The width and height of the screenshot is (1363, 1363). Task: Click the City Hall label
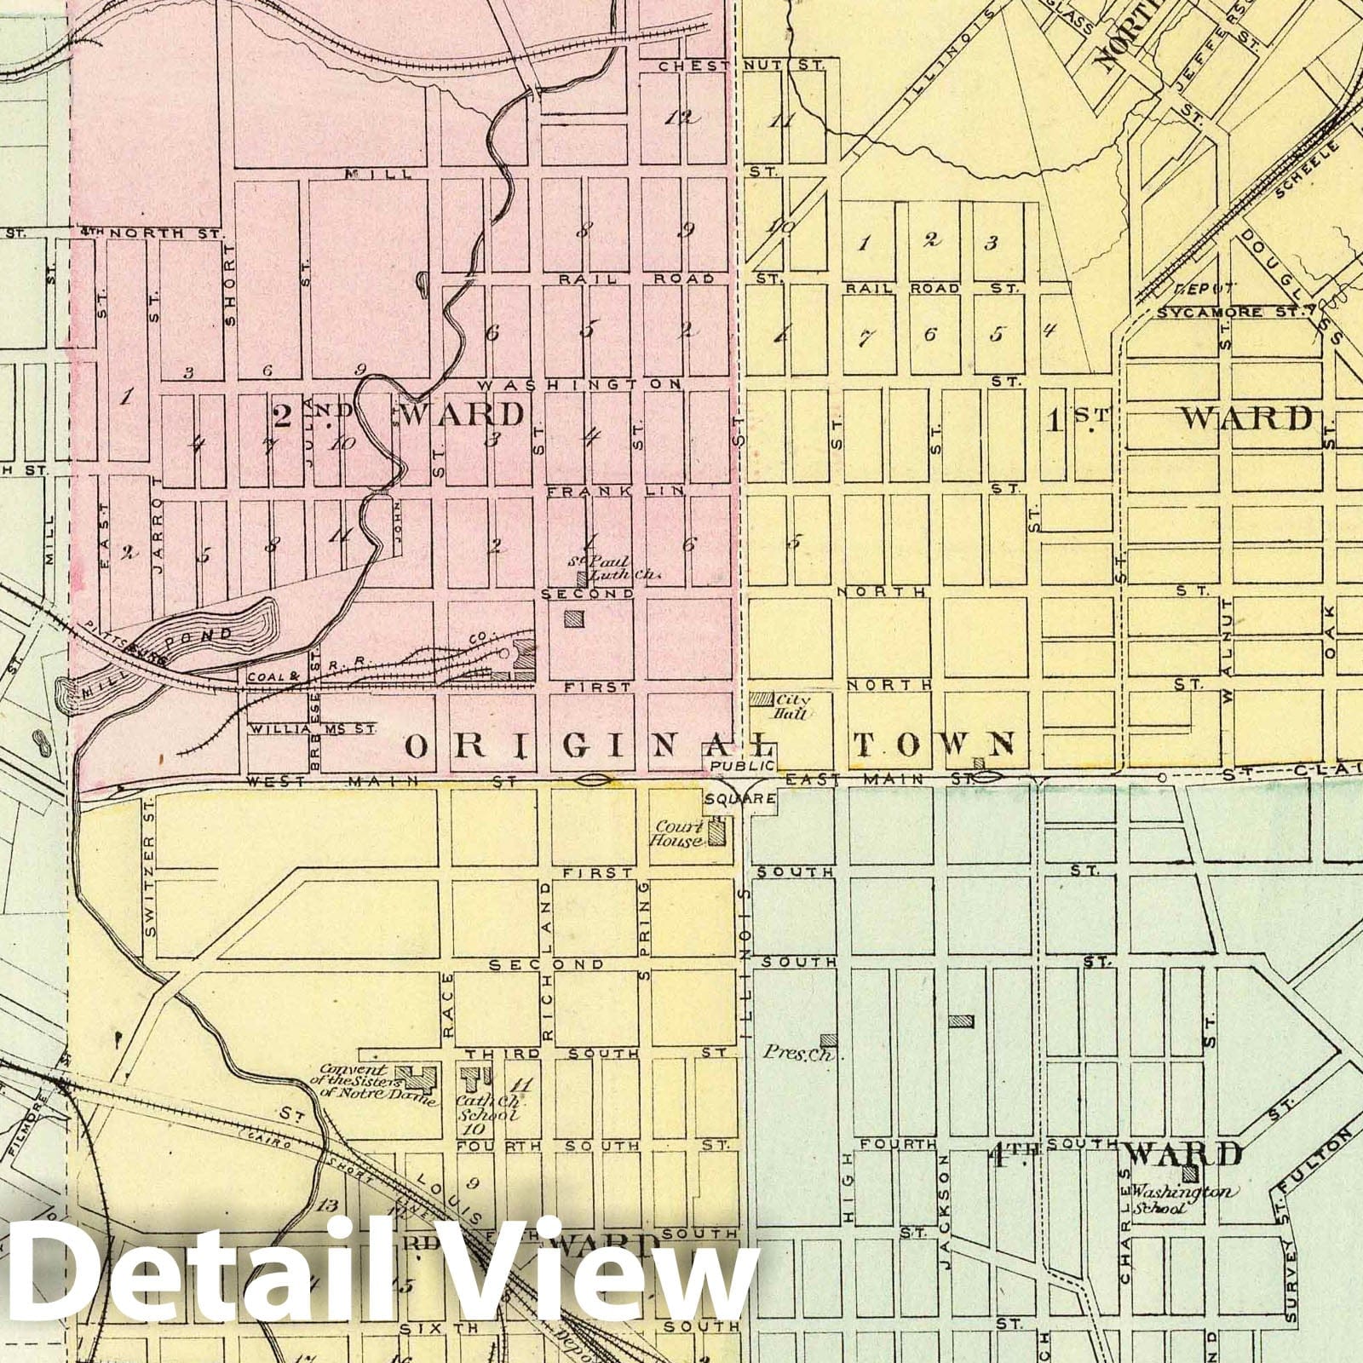coord(791,705)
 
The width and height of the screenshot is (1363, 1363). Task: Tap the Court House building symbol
coord(717,831)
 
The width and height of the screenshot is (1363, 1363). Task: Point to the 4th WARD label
coord(1116,1154)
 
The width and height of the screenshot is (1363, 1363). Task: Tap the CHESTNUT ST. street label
coord(737,66)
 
